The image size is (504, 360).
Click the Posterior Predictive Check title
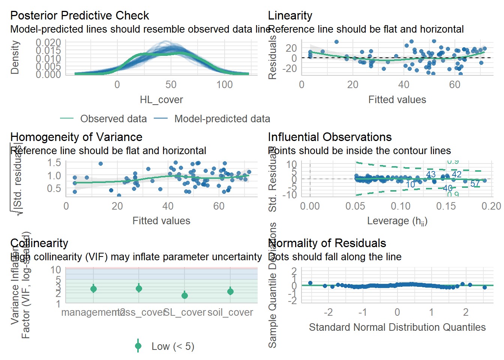[x=79, y=16]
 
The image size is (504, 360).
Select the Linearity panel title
[x=290, y=16]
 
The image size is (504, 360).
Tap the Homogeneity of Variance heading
[x=76, y=137]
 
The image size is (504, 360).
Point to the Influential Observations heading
[x=330, y=137]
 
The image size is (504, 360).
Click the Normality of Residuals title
[x=327, y=243]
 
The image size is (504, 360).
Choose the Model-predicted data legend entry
[x=222, y=119]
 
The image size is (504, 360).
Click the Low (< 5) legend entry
[x=172, y=346]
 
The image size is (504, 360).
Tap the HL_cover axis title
[x=161, y=100]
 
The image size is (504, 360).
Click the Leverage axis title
[x=397, y=221]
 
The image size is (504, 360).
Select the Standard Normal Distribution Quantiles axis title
[x=397, y=327]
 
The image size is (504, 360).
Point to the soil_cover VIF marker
[x=230, y=291]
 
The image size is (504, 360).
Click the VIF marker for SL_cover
[x=184, y=295]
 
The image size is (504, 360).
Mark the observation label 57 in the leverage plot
[x=475, y=184]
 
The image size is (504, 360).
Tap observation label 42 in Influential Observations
[x=456, y=174]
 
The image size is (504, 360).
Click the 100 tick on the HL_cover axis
[x=224, y=85]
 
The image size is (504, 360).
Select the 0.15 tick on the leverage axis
[x=446, y=206]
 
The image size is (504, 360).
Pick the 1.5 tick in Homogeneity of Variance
[x=54, y=163]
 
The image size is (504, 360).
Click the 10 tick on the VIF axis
[x=55, y=270]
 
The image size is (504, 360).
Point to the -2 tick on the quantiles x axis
[x=328, y=312]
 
